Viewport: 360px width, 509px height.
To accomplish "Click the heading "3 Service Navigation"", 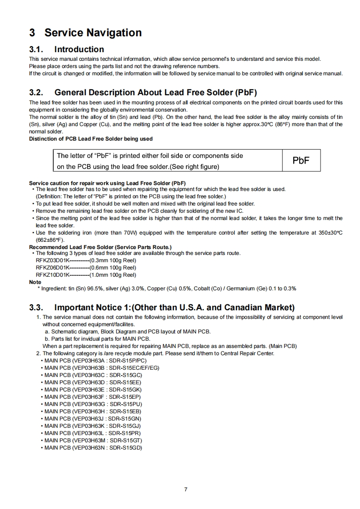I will pos(85,33).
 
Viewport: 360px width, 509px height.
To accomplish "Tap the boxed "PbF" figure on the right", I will pos(301,161).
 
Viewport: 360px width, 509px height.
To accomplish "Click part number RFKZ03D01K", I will pos(52,260).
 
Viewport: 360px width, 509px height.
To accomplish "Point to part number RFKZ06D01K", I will pos(52,268).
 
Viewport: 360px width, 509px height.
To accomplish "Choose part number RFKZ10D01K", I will pos(52,275).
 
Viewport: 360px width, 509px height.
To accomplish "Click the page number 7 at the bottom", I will pos(185,489).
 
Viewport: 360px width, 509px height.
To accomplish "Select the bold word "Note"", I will pos(35,282).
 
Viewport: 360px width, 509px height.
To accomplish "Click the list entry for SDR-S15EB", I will pos(93,411).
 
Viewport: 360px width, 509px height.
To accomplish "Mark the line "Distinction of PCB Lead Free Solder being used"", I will pos(91,139).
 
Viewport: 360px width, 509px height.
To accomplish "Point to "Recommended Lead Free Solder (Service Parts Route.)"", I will pos(100,247).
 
